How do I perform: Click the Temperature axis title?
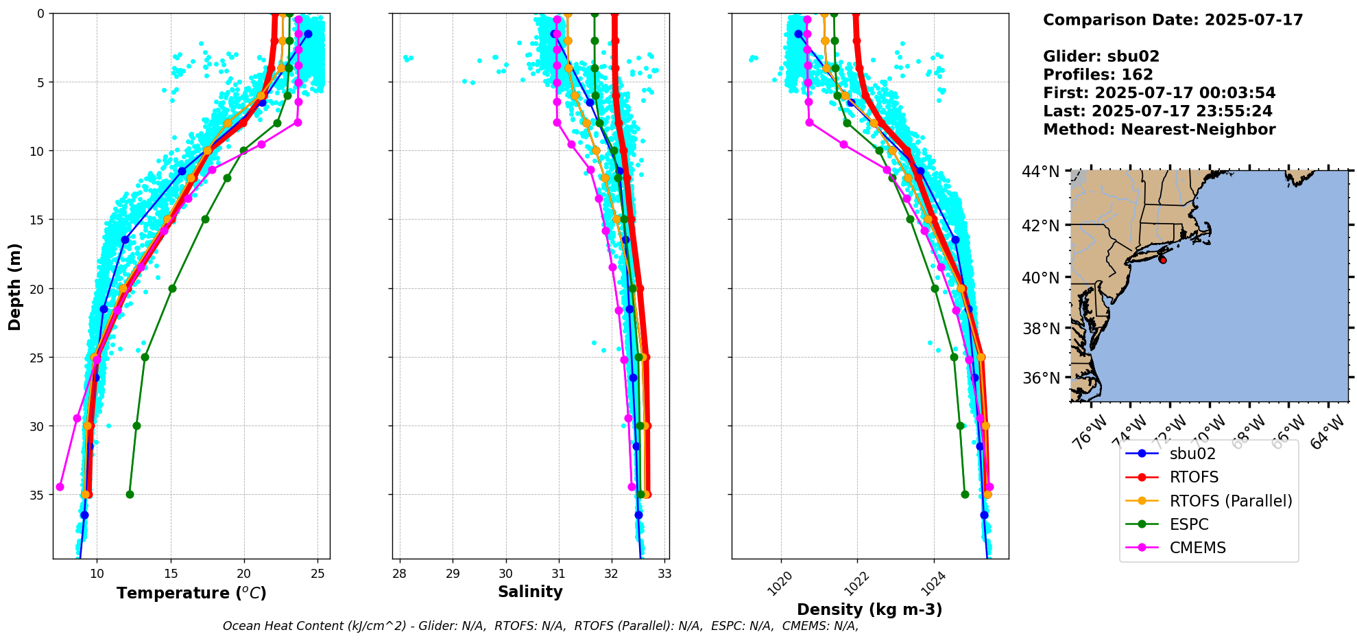pyautogui.click(x=191, y=593)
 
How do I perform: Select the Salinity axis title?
pyautogui.click(x=530, y=592)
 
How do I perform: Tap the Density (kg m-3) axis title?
pyautogui.click(x=869, y=609)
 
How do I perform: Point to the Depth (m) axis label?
pyautogui.click(x=15, y=286)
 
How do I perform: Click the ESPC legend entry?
pyautogui.click(x=1189, y=524)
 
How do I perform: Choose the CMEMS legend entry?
pyautogui.click(x=1197, y=548)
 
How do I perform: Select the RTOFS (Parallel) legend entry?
pyautogui.click(x=1230, y=501)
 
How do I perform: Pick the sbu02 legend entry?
pyautogui.click(x=1192, y=454)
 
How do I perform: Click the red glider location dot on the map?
pyautogui.click(x=1162, y=260)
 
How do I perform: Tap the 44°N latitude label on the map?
pyautogui.click(x=1040, y=172)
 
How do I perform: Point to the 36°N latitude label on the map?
pyautogui.click(x=1040, y=378)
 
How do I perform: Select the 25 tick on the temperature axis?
pyautogui.click(x=317, y=573)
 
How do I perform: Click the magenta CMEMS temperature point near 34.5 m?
pyautogui.click(x=60, y=487)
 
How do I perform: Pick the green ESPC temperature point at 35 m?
pyautogui.click(x=130, y=494)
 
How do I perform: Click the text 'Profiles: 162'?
pyautogui.click(x=1098, y=75)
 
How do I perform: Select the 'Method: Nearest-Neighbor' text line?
pyautogui.click(x=1159, y=130)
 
